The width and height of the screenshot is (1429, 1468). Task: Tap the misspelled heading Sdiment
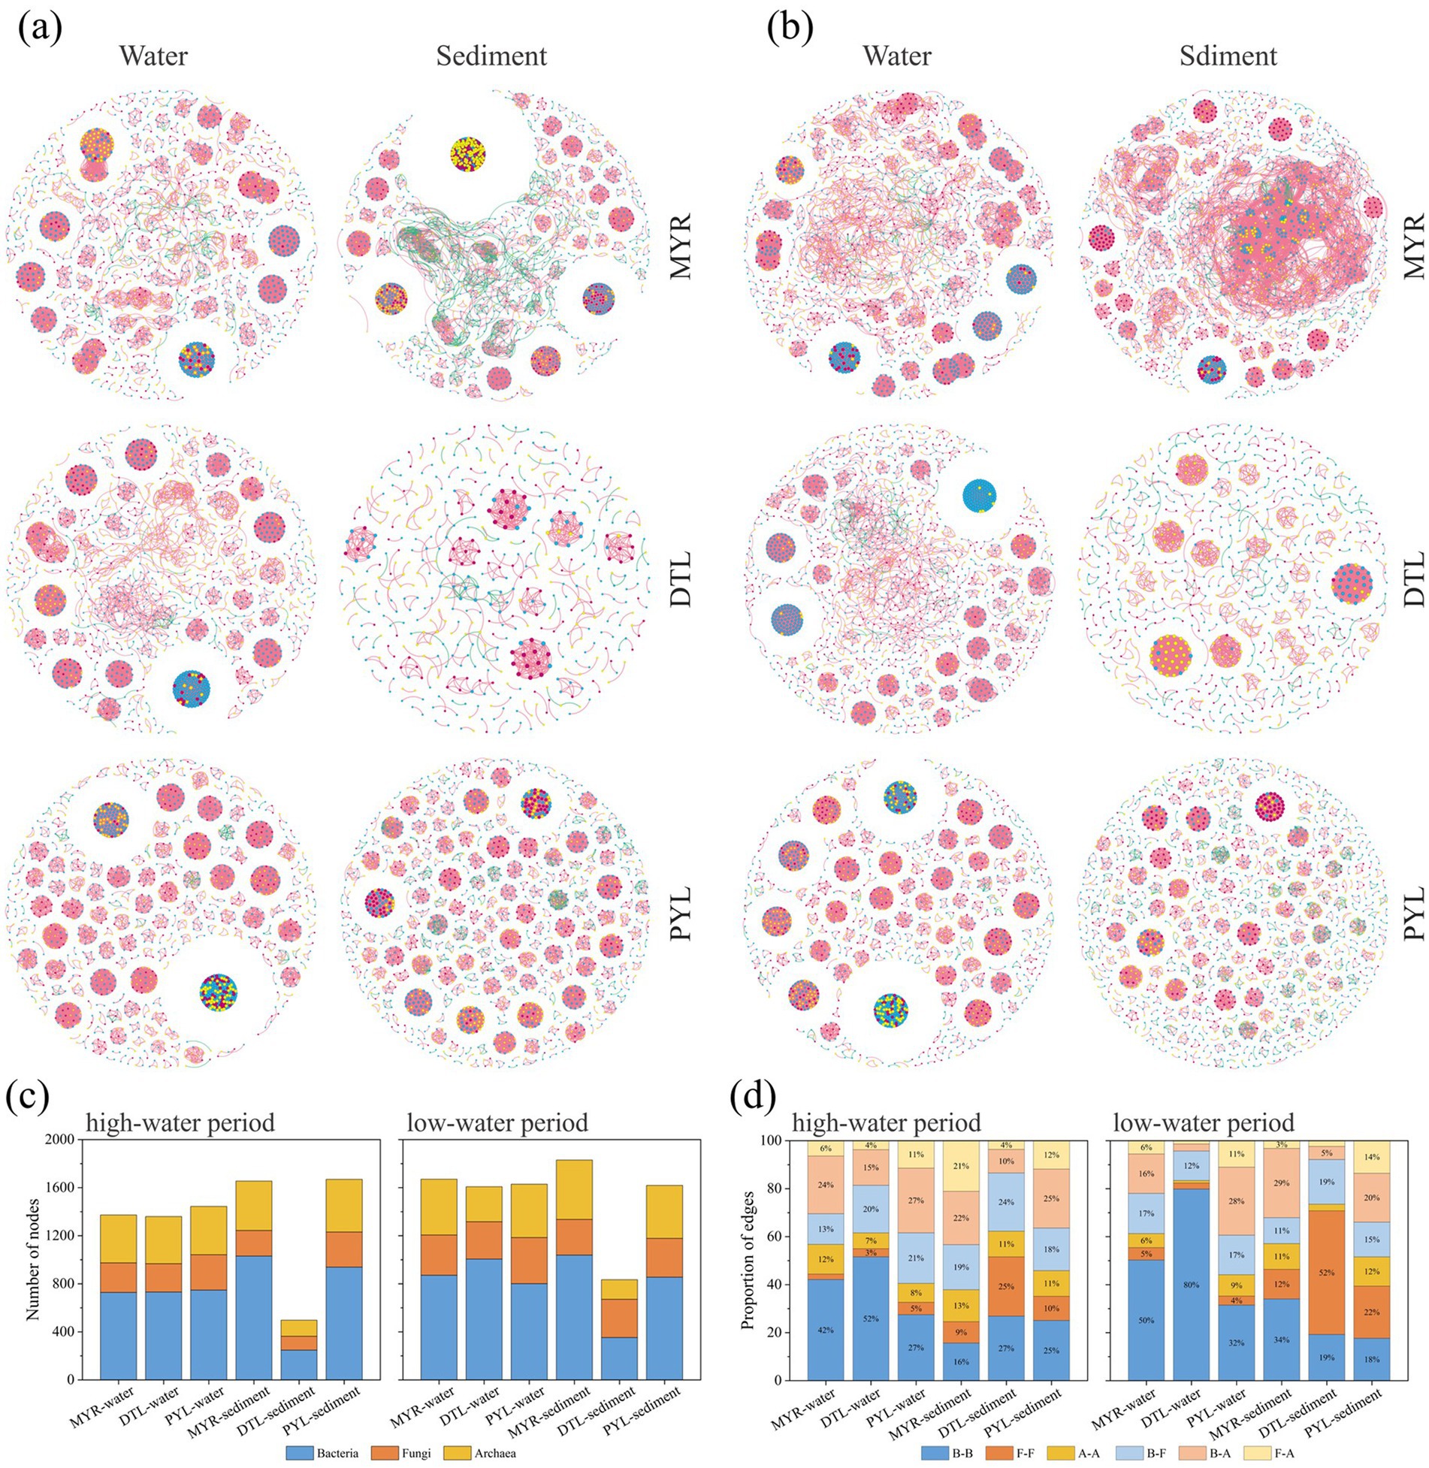point(1227,56)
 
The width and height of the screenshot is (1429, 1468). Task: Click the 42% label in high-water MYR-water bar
point(826,1329)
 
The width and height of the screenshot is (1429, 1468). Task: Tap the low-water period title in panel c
point(497,1123)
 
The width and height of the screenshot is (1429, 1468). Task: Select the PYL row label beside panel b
point(1413,914)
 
